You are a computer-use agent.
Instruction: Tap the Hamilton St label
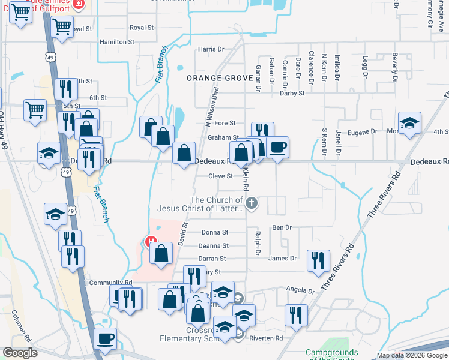(x=117, y=42)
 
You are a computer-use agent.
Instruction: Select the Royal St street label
(x=142, y=28)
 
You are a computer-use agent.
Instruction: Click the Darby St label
(x=292, y=93)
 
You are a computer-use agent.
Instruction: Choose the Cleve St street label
(x=220, y=176)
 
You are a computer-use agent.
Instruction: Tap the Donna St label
(x=215, y=232)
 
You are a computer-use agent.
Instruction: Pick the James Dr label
(x=282, y=258)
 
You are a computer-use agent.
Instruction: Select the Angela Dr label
(x=300, y=290)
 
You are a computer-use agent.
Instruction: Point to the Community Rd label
(x=110, y=283)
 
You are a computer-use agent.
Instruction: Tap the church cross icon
(x=252, y=204)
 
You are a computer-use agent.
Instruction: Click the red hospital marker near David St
(x=151, y=242)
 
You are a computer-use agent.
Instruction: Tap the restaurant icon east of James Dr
(x=318, y=260)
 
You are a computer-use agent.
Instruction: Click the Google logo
(x=20, y=352)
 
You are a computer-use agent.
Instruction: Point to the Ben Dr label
(x=282, y=227)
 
